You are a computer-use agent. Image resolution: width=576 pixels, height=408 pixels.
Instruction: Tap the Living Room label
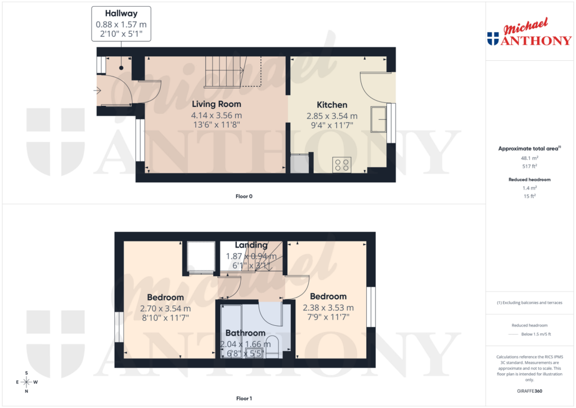coord(217,104)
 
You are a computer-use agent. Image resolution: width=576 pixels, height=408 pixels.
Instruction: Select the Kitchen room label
coord(332,105)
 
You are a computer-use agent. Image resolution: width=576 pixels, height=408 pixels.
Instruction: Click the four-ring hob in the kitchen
coord(342,164)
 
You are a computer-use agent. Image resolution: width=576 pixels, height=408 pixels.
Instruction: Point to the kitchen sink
coord(378,118)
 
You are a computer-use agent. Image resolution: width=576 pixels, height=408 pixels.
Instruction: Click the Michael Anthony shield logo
coord(493,39)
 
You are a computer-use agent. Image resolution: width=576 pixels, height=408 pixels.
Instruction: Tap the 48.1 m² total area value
coord(529,159)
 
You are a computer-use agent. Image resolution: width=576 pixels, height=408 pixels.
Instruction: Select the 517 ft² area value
coord(529,167)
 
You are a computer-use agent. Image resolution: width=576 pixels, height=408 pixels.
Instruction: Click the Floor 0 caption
coord(244,196)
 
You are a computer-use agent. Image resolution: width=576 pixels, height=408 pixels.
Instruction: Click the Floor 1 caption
coord(244,398)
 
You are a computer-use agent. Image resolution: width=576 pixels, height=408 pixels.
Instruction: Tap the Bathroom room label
coord(245,333)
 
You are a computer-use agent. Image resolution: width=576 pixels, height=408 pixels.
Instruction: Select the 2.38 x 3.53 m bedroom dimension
coord(328,308)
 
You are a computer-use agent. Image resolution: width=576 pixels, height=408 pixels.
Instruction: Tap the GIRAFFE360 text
coord(529,391)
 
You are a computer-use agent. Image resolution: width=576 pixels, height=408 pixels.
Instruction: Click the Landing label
coord(251,245)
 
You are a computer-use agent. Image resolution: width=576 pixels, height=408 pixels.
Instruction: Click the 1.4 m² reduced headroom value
coord(529,187)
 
